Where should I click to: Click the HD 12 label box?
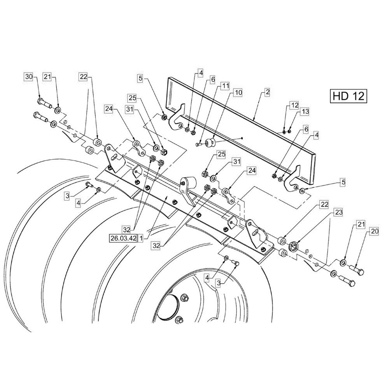tap(348, 96)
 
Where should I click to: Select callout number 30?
tap(29, 77)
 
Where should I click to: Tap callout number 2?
tap(267, 92)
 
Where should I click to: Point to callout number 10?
tap(238, 93)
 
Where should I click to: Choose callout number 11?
tap(225, 86)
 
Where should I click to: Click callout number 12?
tap(294, 105)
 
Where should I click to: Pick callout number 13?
tap(305, 112)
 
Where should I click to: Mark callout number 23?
tap(338, 212)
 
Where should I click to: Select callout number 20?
tap(374, 231)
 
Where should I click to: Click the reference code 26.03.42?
tap(123, 238)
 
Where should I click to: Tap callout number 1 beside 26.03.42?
tap(140, 238)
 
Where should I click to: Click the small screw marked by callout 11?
tap(199, 144)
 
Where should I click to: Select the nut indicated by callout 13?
tap(289, 131)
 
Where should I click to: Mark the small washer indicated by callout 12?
tap(284, 131)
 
